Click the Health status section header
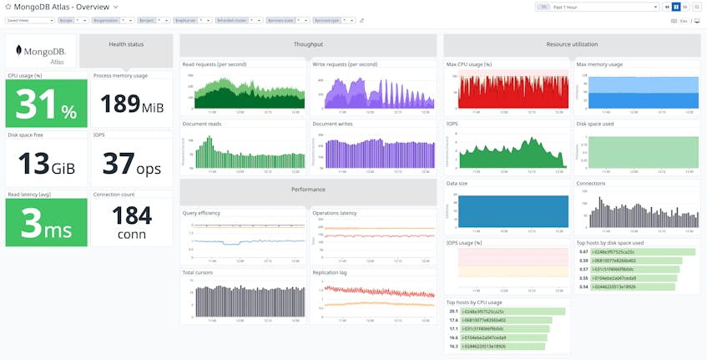pyautogui.click(x=126, y=44)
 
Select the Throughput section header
pyautogui.click(x=308, y=44)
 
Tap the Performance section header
pyautogui.click(x=308, y=190)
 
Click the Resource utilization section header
pyautogui.click(x=571, y=44)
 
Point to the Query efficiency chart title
pyautogui.click(x=201, y=213)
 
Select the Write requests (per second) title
pyautogui.click(x=345, y=64)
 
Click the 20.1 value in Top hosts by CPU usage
pyautogui.click(x=452, y=312)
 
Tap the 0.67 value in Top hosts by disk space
pyautogui.click(x=583, y=251)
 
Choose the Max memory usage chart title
pyautogui.click(x=598, y=64)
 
